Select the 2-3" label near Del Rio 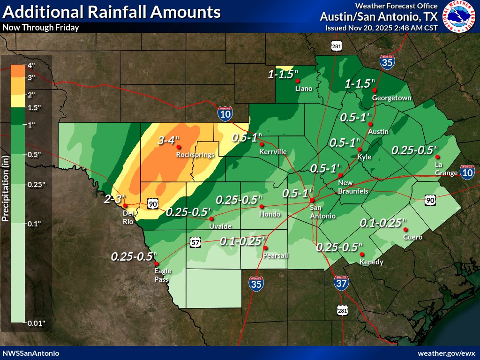114,199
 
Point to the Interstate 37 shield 341,282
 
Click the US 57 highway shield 196,242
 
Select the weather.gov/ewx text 449,352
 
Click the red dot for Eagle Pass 156,264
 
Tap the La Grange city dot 437,157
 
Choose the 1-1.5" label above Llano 283,74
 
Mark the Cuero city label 412,237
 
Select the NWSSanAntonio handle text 31,352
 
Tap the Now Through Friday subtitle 41,27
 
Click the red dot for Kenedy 362,254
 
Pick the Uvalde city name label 220,226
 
